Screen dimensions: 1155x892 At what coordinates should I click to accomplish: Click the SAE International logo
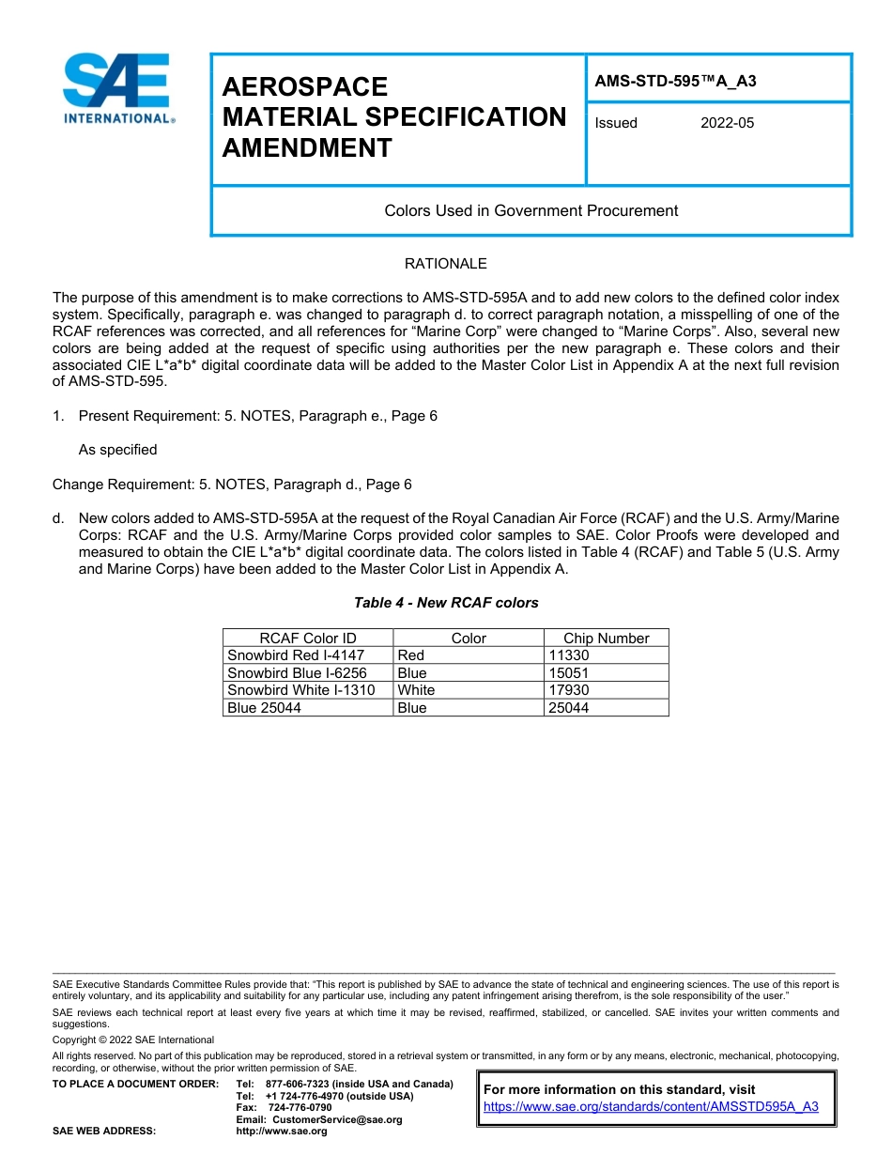tap(116, 89)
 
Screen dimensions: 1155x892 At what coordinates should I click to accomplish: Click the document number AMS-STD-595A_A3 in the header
tap(675, 81)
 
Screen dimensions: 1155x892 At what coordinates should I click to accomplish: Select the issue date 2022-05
tap(727, 123)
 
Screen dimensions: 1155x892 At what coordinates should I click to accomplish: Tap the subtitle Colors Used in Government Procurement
tap(531, 210)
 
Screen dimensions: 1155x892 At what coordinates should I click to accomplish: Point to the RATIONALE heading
tap(445, 264)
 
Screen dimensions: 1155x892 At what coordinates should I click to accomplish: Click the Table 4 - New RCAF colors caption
tap(446, 603)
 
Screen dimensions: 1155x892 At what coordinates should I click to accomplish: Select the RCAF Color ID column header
tap(307, 639)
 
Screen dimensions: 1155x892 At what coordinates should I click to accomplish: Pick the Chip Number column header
tap(606, 639)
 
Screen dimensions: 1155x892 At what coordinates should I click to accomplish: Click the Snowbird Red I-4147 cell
tap(296, 655)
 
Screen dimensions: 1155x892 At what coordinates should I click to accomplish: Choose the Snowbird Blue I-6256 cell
tap(297, 673)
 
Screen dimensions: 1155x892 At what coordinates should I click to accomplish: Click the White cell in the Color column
tap(416, 690)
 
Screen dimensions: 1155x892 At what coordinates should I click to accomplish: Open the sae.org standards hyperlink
tap(651, 1106)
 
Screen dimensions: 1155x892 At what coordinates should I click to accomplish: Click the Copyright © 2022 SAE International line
tap(133, 1039)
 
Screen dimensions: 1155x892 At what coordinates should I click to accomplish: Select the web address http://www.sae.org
tap(282, 1131)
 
